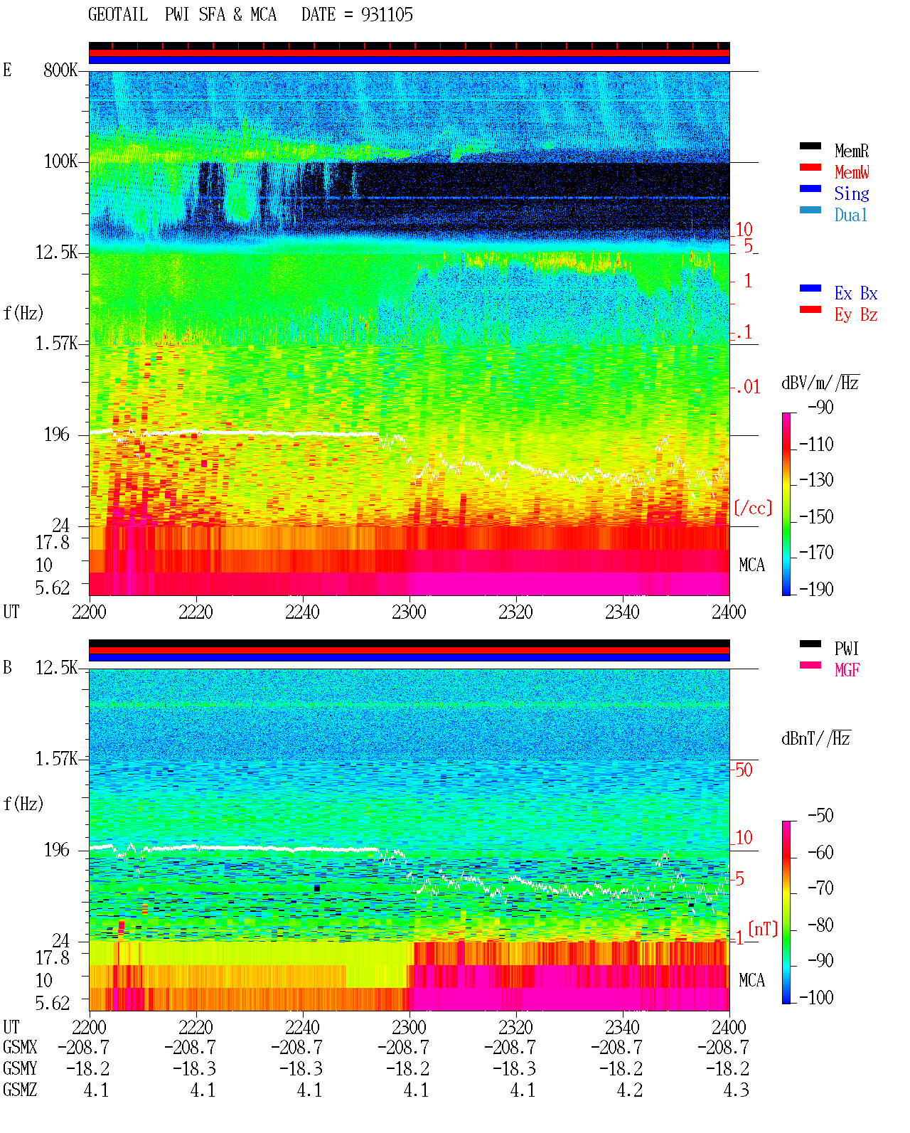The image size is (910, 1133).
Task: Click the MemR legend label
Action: click(x=851, y=151)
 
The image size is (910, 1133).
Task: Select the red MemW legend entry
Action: click(x=852, y=172)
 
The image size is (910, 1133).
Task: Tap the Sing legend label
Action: click(x=851, y=193)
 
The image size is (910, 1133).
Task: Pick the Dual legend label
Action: click(x=850, y=215)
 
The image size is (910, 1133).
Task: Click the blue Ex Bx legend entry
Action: click(x=855, y=293)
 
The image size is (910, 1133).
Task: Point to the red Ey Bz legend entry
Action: click(x=855, y=315)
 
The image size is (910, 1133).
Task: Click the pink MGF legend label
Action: click(x=847, y=670)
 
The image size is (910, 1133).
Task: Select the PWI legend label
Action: click(x=846, y=648)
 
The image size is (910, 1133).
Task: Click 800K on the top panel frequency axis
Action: click(x=60, y=70)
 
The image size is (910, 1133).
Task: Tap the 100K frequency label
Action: click(x=60, y=161)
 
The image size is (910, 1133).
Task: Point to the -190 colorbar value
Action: click(x=816, y=589)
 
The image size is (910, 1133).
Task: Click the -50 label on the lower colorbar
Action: click(x=820, y=816)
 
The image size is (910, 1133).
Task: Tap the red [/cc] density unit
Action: click(x=753, y=508)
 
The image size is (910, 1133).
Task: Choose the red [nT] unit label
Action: click(x=763, y=928)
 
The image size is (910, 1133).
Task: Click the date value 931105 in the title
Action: click(x=387, y=15)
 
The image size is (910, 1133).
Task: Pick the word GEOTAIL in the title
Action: click(x=118, y=15)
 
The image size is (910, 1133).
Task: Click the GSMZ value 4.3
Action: click(x=736, y=1090)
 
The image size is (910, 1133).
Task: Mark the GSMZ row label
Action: click(x=20, y=1090)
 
